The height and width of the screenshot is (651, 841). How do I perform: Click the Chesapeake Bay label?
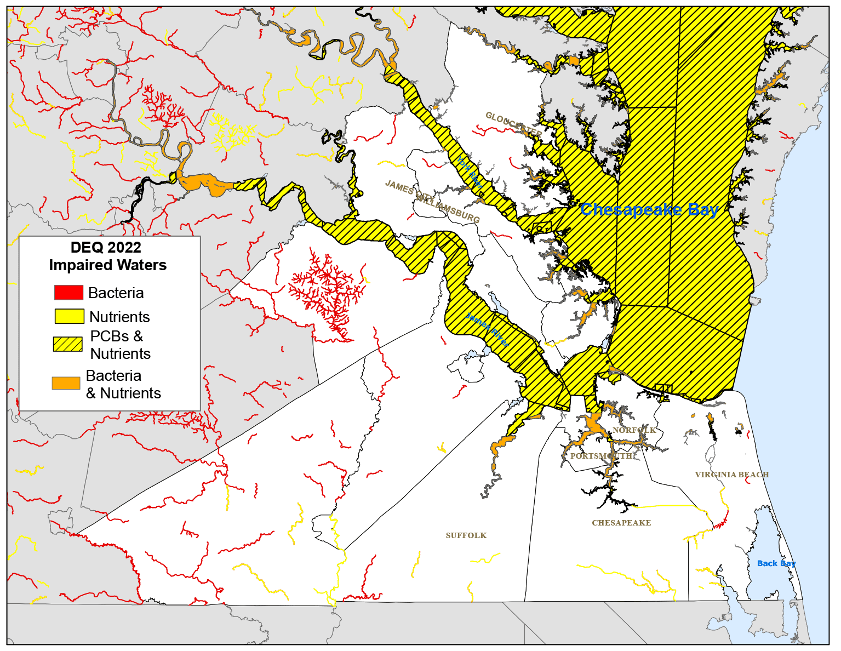point(649,209)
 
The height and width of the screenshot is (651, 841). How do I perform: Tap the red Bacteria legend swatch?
point(68,293)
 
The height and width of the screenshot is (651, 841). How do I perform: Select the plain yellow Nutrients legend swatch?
point(69,317)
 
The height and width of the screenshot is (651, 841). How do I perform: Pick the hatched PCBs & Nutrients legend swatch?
point(67,344)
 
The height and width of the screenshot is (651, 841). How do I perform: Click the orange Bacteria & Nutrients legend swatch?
point(66,383)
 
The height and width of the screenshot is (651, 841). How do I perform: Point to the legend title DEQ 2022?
point(106,247)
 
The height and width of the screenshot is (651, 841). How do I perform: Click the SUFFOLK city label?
point(466,535)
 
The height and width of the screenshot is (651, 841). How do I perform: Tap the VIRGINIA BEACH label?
point(732,475)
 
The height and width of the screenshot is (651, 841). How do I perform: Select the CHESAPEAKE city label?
point(621,523)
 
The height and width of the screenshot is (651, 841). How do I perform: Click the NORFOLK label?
point(634,430)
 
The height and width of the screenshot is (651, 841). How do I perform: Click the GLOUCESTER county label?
point(513,125)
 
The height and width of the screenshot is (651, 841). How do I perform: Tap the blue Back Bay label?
point(776,563)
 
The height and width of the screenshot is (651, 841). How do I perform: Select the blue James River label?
point(487,329)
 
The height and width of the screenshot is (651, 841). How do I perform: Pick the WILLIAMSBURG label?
point(449,208)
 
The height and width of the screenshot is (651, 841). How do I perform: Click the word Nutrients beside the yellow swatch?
point(119,317)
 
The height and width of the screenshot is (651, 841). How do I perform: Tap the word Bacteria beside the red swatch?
point(116,293)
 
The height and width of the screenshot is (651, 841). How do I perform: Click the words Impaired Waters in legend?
point(108,265)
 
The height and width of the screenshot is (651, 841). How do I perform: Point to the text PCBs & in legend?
point(116,336)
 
